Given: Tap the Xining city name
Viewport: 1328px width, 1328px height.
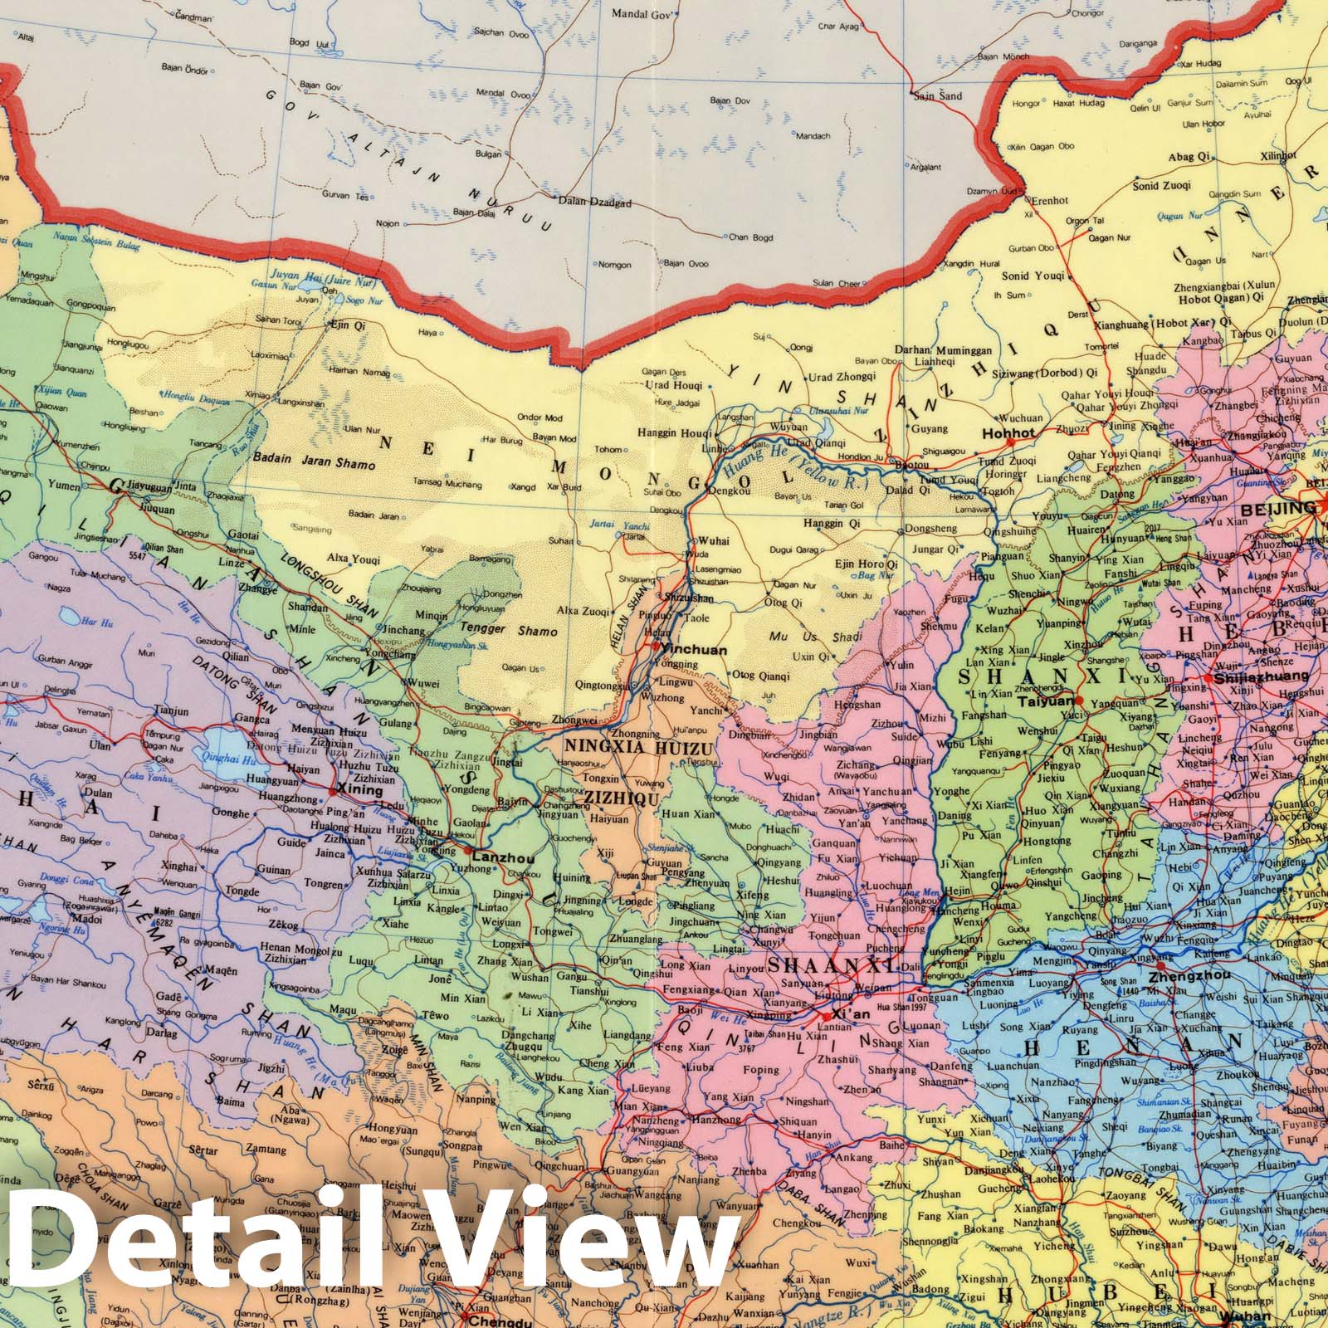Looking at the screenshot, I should coord(362,791).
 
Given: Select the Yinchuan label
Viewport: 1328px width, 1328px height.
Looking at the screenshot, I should coord(699,651).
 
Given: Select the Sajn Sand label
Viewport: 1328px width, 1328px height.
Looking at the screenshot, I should coord(937,95).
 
